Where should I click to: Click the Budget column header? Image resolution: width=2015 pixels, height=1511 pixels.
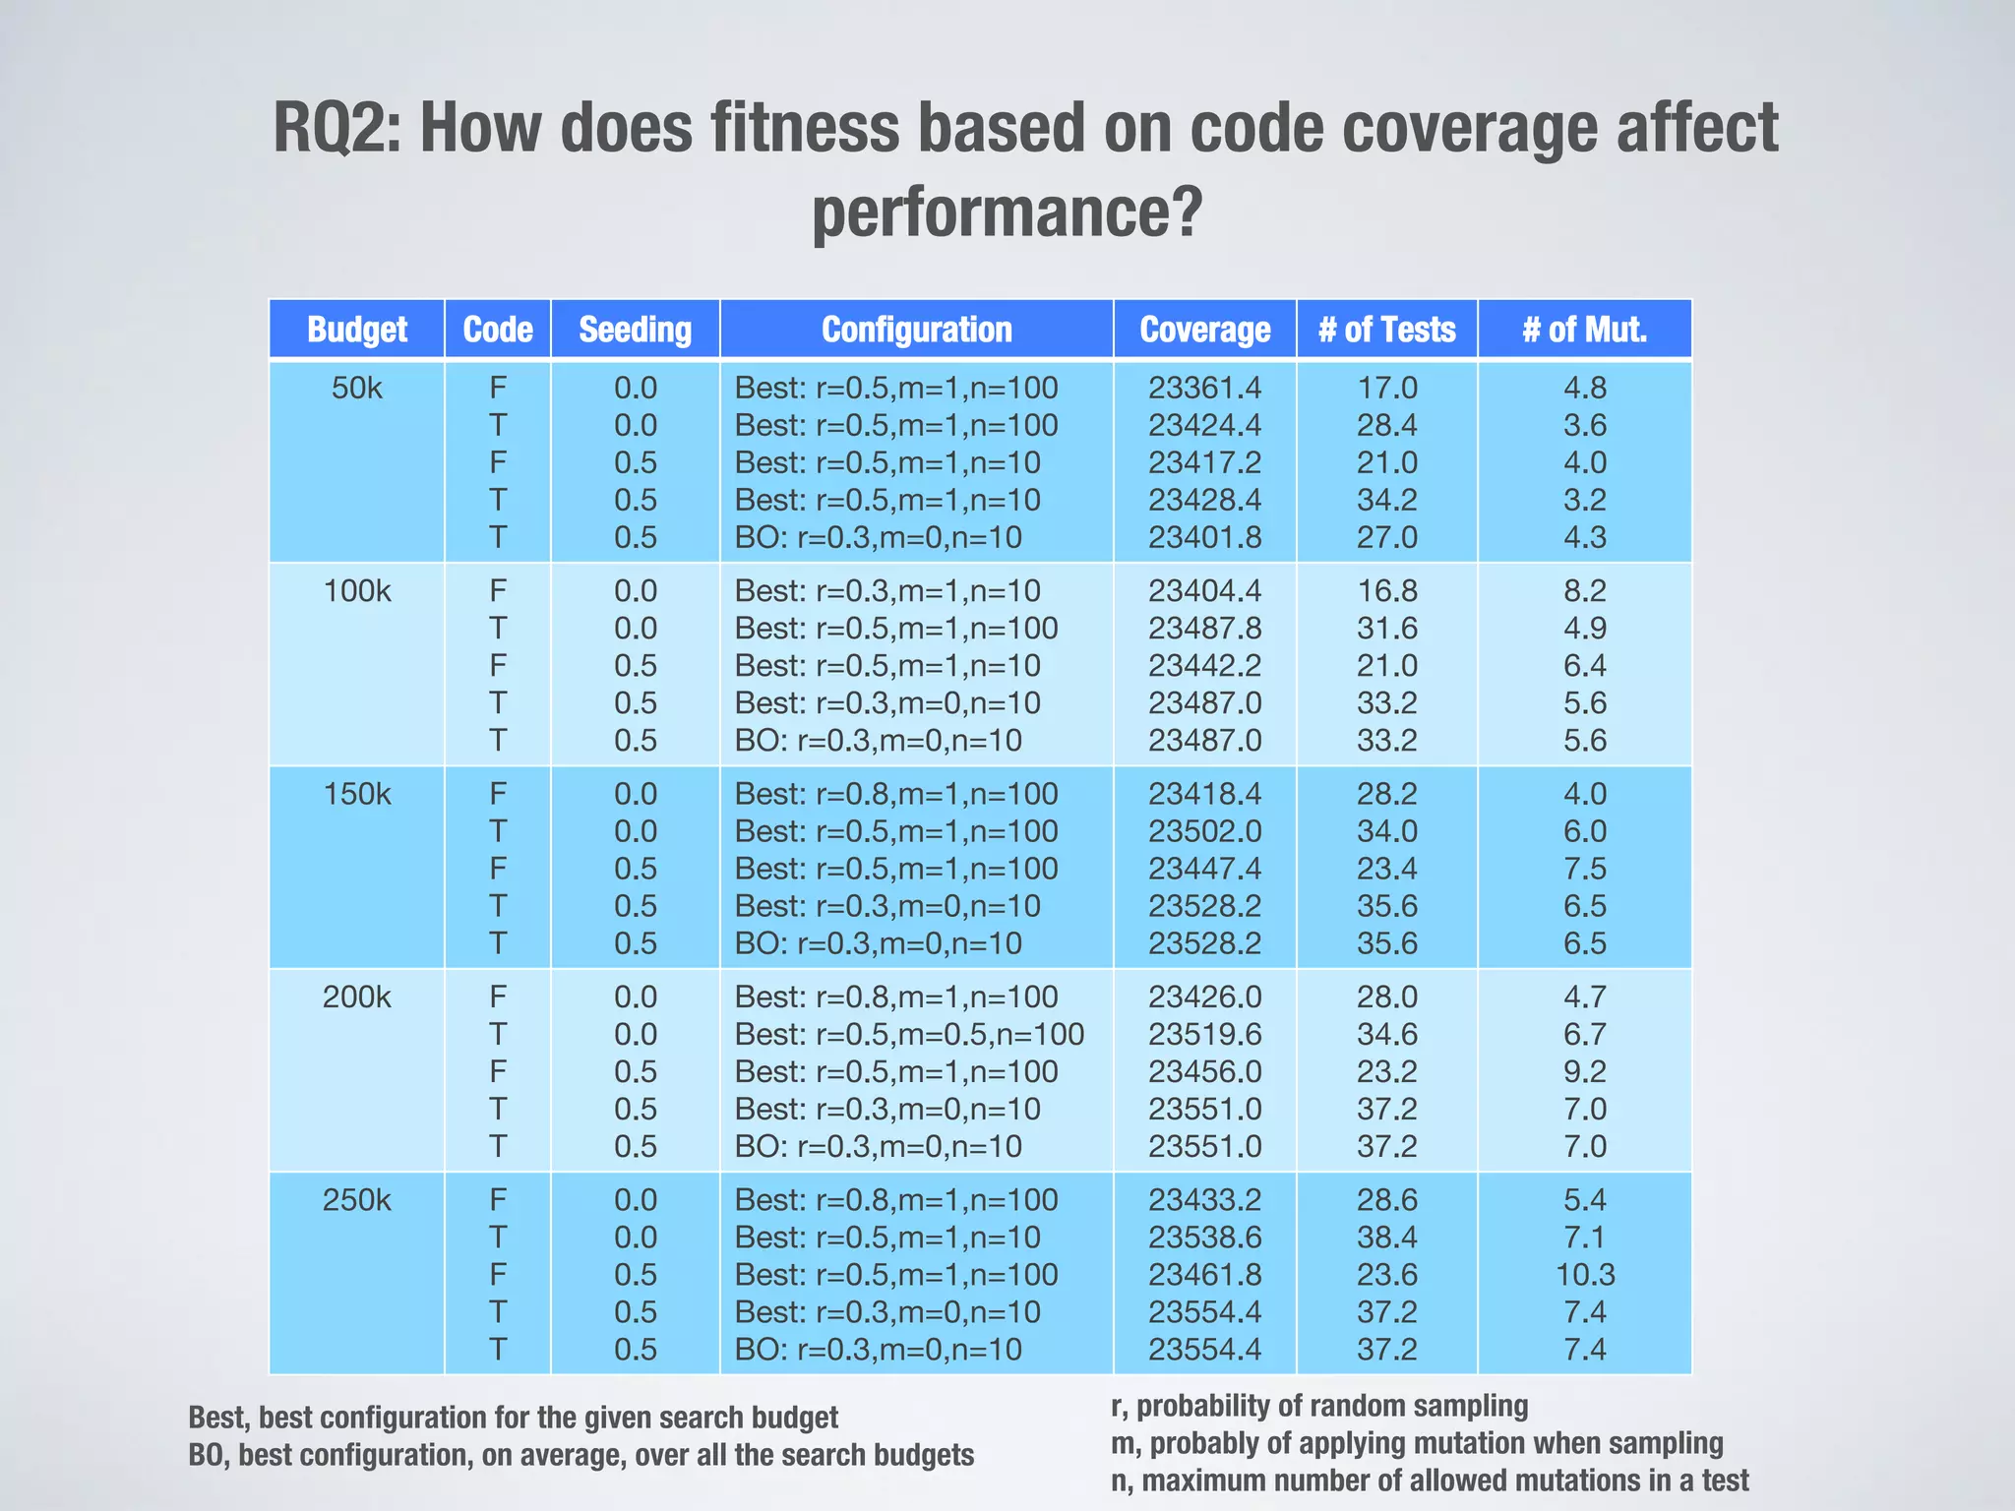tap(356, 329)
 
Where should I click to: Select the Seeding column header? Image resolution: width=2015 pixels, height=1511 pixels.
tap(635, 329)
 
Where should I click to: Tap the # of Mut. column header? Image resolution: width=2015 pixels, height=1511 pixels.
tap(1584, 329)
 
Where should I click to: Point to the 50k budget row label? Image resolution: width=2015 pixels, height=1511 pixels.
tap(356, 388)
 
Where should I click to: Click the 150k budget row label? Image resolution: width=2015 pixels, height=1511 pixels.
tap(356, 794)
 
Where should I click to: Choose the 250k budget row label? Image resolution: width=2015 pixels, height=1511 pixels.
tap(356, 1200)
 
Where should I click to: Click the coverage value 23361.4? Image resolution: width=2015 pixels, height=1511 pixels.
tap(1204, 388)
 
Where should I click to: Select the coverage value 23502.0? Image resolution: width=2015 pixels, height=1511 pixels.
tap(1204, 831)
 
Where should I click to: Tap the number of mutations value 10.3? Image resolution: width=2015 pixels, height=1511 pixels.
tap(1584, 1275)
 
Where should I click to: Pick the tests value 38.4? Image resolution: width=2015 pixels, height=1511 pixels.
tap(1386, 1238)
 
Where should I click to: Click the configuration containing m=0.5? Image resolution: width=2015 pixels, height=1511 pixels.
tap(909, 1034)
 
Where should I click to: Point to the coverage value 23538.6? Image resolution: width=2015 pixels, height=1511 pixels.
tap(1204, 1238)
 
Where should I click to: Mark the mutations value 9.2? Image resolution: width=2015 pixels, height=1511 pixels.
tap(1584, 1071)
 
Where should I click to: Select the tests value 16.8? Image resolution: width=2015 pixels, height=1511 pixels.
tap(1386, 591)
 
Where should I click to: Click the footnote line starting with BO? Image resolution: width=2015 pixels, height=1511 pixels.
tap(580, 1455)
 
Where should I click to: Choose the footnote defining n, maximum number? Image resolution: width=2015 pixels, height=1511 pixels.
tap(1429, 1481)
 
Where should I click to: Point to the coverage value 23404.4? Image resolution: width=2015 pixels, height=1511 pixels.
tap(1204, 591)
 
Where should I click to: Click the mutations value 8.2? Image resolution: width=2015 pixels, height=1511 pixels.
tap(1584, 591)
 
